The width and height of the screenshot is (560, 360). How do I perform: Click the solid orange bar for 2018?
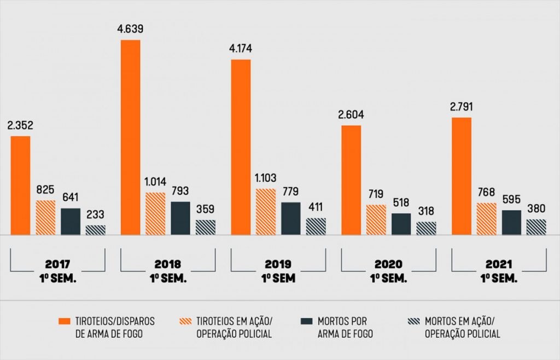click(x=130, y=137)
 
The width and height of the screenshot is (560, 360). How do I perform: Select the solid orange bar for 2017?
click(x=20, y=185)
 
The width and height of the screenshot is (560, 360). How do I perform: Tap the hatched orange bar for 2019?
click(x=266, y=212)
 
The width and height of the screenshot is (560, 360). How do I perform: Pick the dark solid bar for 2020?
click(x=401, y=224)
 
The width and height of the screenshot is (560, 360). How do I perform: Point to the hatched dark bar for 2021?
click(x=536, y=227)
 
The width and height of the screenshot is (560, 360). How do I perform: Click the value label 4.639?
click(x=130, y=29)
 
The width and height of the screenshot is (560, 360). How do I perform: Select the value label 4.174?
click(x=241, y=49)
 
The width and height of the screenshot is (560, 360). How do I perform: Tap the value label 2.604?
click(x=351, y=115)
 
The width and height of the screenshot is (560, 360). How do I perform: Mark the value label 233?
click(x=96, y=215)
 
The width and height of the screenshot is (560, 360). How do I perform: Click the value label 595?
click(x=511, y=200)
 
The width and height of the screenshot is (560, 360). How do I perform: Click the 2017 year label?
click(x=57, y=263)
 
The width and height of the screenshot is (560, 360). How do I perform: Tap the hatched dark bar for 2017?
click(x=96, y=230)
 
